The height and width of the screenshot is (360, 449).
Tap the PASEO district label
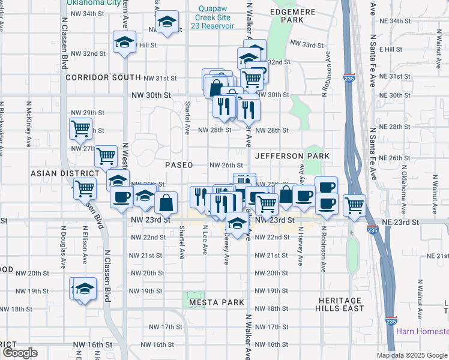coord(179,165)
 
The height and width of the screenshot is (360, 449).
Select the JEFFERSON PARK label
coord(292,156)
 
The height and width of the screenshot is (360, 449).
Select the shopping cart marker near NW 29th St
coord(80,127)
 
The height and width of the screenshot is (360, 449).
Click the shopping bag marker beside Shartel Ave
coord(166,202)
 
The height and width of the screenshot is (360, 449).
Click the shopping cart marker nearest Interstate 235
coord(354,204)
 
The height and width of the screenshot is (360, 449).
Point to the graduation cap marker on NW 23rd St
coord(237,224)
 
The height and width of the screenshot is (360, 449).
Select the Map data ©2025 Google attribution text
coord(412,355)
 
